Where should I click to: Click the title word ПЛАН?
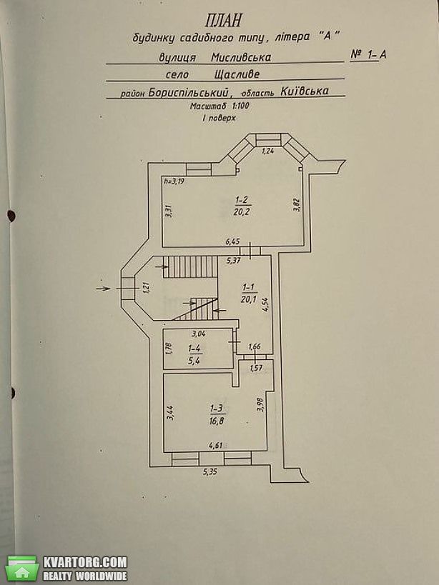223,20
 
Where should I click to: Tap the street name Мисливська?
241,57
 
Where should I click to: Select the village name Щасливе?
237,74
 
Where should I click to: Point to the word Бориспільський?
188,91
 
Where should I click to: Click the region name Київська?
305,91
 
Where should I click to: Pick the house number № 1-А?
368,55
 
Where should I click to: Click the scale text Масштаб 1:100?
219,106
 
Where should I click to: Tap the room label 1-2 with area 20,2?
242,206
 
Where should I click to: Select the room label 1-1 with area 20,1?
249,293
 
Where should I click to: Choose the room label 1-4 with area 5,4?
195,354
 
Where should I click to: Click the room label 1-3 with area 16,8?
218,415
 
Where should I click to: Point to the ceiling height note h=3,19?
174,181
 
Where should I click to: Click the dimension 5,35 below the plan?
209,471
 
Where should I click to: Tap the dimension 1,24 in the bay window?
267,151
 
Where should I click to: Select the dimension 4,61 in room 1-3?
215,444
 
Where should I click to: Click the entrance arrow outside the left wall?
103,288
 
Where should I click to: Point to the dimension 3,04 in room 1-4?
198,334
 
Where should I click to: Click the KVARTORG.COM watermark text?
85,562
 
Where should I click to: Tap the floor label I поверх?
219,118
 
